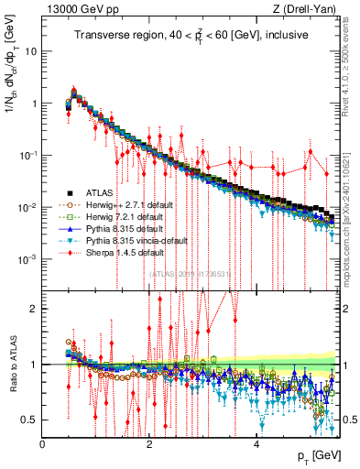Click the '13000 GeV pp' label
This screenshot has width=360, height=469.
pos(80,9)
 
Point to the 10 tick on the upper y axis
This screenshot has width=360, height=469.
pos(32,51)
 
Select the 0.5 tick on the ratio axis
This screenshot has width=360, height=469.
pos(29,420)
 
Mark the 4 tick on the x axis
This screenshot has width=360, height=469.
pos(256,443)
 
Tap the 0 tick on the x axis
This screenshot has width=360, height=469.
pos(43,443)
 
